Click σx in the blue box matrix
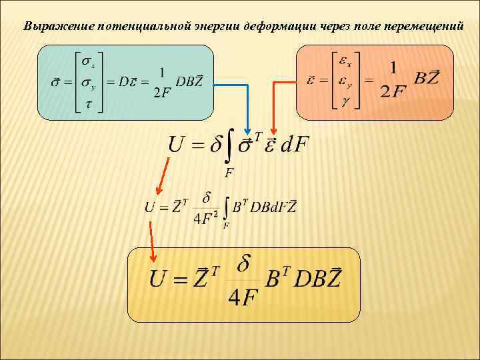click(88, 61)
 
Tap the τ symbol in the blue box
click(86, 105)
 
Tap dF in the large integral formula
click(295, 144)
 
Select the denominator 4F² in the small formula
click(205, 219)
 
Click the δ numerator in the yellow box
click(244, 264)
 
